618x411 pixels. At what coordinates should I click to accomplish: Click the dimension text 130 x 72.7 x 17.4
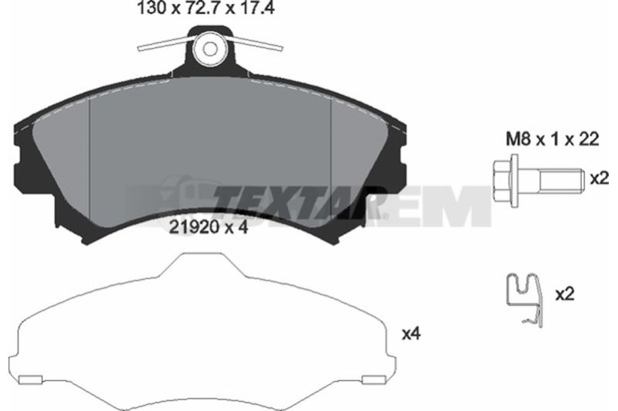click(205, 8)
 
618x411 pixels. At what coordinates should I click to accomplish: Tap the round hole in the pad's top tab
click(209, 49)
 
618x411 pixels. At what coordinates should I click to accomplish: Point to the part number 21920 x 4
click(208, 227)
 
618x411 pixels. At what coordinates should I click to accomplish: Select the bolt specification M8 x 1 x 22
click(552, 139)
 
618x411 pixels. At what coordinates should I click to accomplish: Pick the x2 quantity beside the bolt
click(599, 179)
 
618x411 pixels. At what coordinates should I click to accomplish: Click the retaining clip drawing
click(525, 299)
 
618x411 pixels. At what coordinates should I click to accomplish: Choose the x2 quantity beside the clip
click(565, 294)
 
